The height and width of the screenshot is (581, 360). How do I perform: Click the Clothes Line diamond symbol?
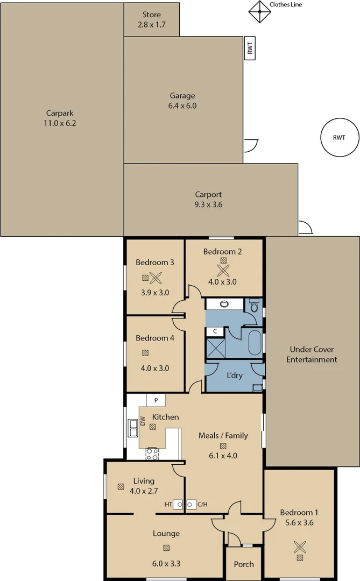(x=259, y=11)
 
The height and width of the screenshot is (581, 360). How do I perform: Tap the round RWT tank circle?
(x=338, y=138)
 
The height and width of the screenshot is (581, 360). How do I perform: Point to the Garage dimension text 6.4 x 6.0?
(x=182, y=106)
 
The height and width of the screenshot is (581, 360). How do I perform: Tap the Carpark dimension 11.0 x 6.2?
(x=60, y=123)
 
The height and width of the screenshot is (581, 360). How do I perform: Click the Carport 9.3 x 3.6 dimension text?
(x=208, y=204)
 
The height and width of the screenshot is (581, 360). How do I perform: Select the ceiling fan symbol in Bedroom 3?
(x=156, y=278)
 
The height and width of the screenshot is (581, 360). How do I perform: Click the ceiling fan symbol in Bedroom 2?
(x=223, y=269)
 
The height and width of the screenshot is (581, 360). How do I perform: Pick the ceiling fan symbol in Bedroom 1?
(x=299, y=547)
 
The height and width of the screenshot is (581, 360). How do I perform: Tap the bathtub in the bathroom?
(x=254, y=343)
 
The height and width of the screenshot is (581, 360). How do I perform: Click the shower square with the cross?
(x=215, y=348)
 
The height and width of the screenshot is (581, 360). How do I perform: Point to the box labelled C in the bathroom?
(x=215, y=331)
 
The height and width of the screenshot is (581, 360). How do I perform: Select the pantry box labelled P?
(x=156, y=401)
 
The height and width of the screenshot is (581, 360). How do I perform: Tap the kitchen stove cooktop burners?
(x=152, y=454)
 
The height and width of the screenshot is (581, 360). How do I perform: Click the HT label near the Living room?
(x=168, y=505)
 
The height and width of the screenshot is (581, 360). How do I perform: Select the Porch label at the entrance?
(x=243, y=564)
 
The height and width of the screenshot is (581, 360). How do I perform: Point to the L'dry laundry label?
(x=234, y=374)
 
